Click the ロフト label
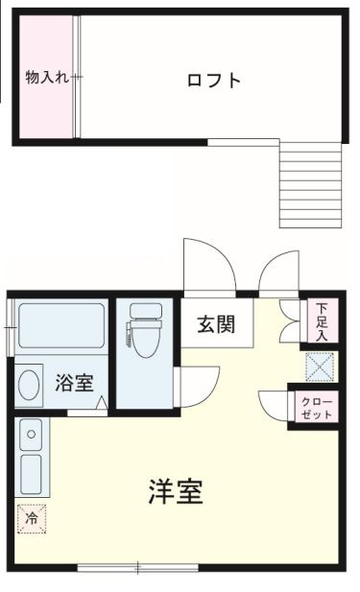213,80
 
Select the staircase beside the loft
310,184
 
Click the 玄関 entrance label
218,323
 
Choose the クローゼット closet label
316,407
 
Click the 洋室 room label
176,492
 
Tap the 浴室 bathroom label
74,382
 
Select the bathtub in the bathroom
60,328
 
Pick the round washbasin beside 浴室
30,386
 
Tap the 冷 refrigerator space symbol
31,517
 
